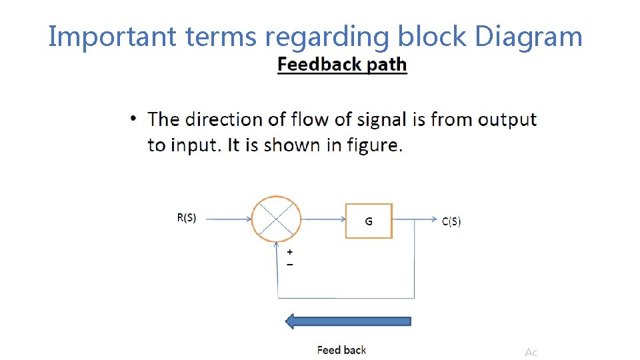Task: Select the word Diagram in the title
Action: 529,37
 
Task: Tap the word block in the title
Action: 433,37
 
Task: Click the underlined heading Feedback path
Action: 342,65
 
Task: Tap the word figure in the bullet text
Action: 374,145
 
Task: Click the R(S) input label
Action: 187,218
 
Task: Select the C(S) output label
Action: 451,222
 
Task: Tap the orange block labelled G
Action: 369,221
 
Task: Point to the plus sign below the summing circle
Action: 290,253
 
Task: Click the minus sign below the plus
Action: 290,264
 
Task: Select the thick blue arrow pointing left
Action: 348,321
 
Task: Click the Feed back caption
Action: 341,349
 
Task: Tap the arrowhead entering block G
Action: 341,219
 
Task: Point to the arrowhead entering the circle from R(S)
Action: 248,219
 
